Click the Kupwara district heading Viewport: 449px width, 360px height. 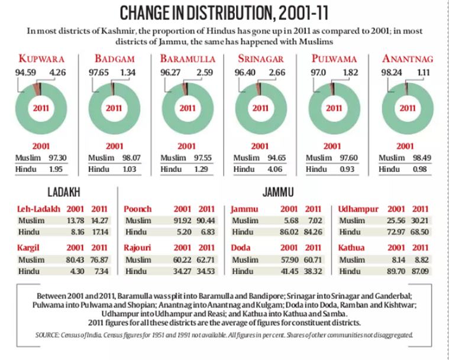click(42, 59)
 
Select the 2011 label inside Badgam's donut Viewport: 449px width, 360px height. click(114, 108)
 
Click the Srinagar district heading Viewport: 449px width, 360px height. click(260, 59)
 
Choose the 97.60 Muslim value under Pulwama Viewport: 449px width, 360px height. click(344, 158)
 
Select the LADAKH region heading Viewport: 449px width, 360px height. click(64, 193)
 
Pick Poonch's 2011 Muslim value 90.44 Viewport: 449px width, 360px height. click(206, 220)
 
